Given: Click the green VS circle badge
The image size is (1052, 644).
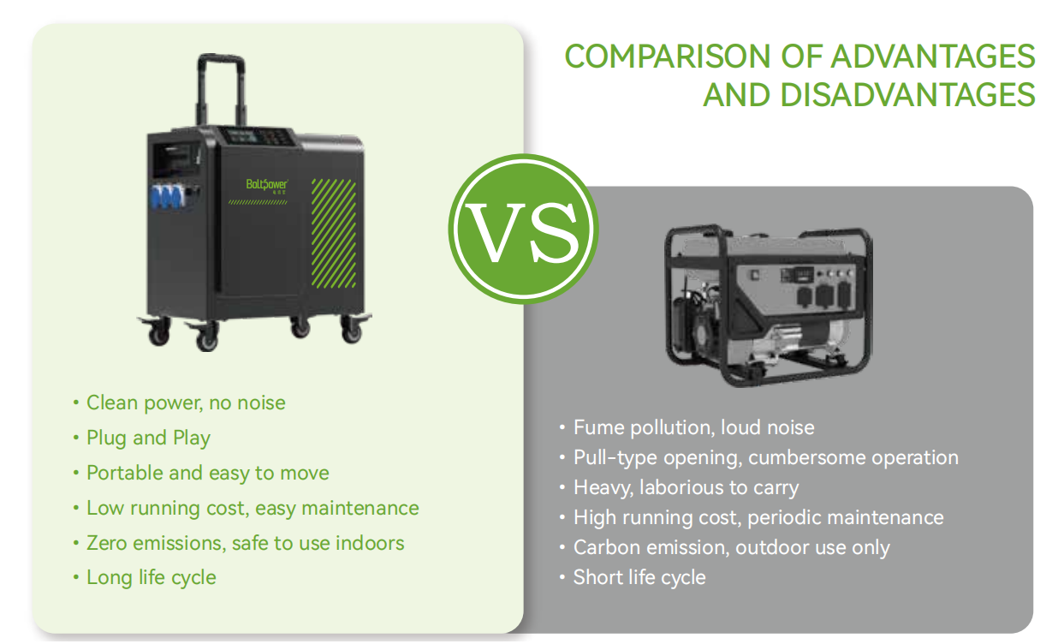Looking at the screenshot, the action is pyautogui.click(x=523, y=229).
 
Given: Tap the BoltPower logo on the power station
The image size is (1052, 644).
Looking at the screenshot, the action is pyautogui.click(x=267, y=185).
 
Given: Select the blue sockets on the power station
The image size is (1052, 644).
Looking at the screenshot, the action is pyautogui.click(x=167, y=196).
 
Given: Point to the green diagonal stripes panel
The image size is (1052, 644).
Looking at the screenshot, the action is pyautogui.click(x=334, y=233).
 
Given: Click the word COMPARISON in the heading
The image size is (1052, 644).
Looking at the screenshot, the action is pyautogui.click(x=668, y=57).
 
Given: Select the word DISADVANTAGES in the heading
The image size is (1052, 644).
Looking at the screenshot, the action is pyautogui.click(x=908, y=95).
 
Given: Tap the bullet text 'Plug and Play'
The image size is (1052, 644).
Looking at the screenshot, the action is pyautogui.click(x=148, y=438).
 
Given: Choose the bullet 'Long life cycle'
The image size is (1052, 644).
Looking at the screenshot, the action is pyautogui.click(x=152, y=578).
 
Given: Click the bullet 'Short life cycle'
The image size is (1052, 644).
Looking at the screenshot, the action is pyautogui.click(x=639, y=578).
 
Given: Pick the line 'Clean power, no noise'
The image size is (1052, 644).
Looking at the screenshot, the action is pyautogui.click(x=186, y=403).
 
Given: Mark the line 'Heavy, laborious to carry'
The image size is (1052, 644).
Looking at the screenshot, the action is pyautogui.click(x=686, y=488).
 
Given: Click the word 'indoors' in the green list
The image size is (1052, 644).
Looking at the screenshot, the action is pyautogui.click(x=370, y=543).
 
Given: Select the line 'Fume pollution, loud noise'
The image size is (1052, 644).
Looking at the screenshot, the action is pyautogui.click(x=693, y=428).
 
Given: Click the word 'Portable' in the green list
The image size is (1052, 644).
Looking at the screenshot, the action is pyautogui.click(x=124, y=473).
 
